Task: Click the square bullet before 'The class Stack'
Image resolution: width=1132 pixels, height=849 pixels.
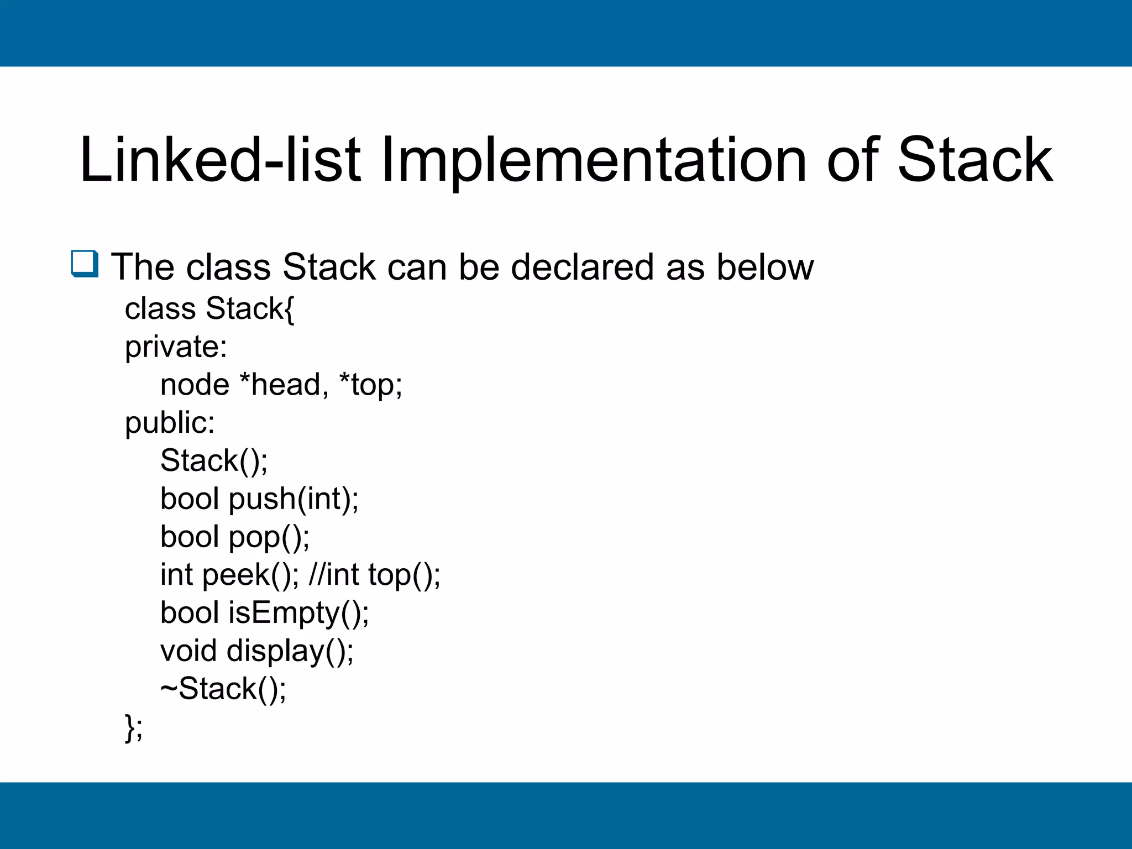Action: pyautogui.click(x=85, y=264)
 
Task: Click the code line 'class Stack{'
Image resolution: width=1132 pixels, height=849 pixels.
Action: pyautogui.click(x=209, y=308)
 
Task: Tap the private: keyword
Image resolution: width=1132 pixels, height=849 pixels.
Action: pyautogui.click(x=176, y=347)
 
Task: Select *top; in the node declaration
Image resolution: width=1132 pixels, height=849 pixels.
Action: pyautogui.click(x=370, y=386)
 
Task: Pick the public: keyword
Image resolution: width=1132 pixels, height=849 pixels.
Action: pyautogui.click(x=170, y=423)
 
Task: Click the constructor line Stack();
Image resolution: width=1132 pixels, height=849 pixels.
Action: pyautogui.click(x=214, y=461)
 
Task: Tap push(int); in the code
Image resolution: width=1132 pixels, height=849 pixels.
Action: pyautogui.click(x=294, y=499)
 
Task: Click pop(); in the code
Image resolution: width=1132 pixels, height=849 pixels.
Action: pyautogui.click(x=269, y=537)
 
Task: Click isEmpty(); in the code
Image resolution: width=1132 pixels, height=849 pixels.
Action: pyautogui.click(x=298, y=613)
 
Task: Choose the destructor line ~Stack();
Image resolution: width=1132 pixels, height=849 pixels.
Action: pyautogui.click(x=223, y=689)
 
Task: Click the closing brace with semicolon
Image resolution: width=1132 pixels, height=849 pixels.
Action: pyautogui.click(x=134, y=727)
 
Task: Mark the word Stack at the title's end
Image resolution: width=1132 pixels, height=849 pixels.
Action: pyautogui.click(x=975, y=160)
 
